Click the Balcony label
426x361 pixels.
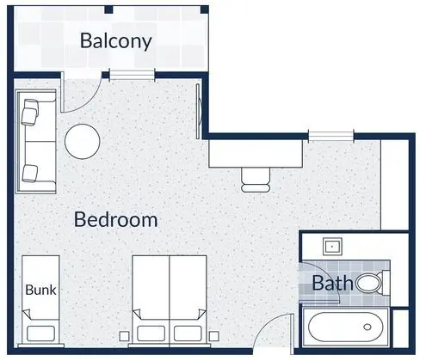click(115, 41)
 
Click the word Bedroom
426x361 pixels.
click(116, 220)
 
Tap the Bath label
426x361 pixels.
click(332, 283)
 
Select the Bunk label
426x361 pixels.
click(40, 290)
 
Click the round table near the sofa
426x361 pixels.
click(83, 142)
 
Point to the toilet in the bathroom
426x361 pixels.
click(373, 284)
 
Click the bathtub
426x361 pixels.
click(346, 327)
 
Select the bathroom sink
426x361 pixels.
click(332, 246)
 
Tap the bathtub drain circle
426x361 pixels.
click(367, 327)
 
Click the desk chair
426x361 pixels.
click(256, 180)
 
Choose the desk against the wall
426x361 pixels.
click(256, 153)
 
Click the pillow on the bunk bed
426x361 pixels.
click(40, 333)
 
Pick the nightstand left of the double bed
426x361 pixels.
click(124, 336)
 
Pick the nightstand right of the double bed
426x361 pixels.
click(214, 336)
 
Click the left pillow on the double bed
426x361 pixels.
click(151, 333)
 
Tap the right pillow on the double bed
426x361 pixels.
click(188, 333)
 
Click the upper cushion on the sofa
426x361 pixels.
click(30, 112)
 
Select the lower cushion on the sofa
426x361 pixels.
click(30, 174)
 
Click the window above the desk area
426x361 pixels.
click(331, 136)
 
